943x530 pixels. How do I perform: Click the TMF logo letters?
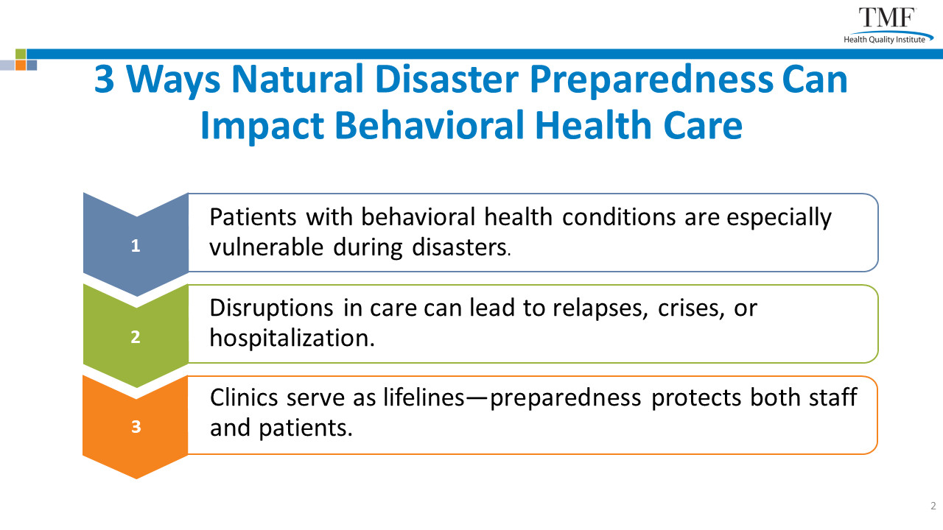[x=887, y=18]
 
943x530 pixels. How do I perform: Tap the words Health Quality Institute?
[x=884, y=40]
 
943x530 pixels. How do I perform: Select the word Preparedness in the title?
[x=651, y=81]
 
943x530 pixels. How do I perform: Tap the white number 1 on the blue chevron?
[x=136, y=246]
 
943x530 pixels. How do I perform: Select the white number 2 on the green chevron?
[x=136, y=337]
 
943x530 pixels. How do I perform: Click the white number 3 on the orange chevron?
[x=136, y=426]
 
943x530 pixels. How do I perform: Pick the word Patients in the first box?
[x=253, y=217]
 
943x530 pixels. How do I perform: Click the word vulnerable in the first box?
[x=267, y=247]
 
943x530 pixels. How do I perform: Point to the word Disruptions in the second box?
[x=272, y=309]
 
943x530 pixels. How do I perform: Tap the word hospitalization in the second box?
[x=292, y=338]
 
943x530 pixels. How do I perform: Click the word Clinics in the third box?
[x=244, y=397]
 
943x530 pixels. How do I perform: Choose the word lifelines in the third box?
[x=424, y=397]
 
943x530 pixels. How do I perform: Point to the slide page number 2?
[x=933, y=506]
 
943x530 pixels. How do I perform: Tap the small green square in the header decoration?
[x=21, y=54]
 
